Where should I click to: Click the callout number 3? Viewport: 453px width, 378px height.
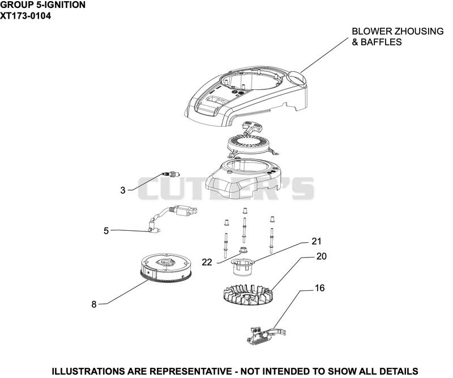[123, 190]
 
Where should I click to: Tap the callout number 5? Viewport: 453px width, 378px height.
[106, 231]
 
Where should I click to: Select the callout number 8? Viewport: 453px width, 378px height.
[94, 304]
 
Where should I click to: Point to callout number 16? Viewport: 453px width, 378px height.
[319, 288]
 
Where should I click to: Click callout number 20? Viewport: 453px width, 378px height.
[321, 256]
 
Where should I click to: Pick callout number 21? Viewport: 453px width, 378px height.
[317, 241]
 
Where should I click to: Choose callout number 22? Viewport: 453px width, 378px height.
[207, 262]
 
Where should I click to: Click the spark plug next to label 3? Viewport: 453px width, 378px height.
[171, 174]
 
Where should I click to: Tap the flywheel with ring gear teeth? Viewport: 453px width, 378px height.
[166, 268]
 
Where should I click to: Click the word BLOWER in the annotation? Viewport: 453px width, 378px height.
[371, 31]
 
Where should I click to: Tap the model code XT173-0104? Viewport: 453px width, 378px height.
[25, 16]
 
